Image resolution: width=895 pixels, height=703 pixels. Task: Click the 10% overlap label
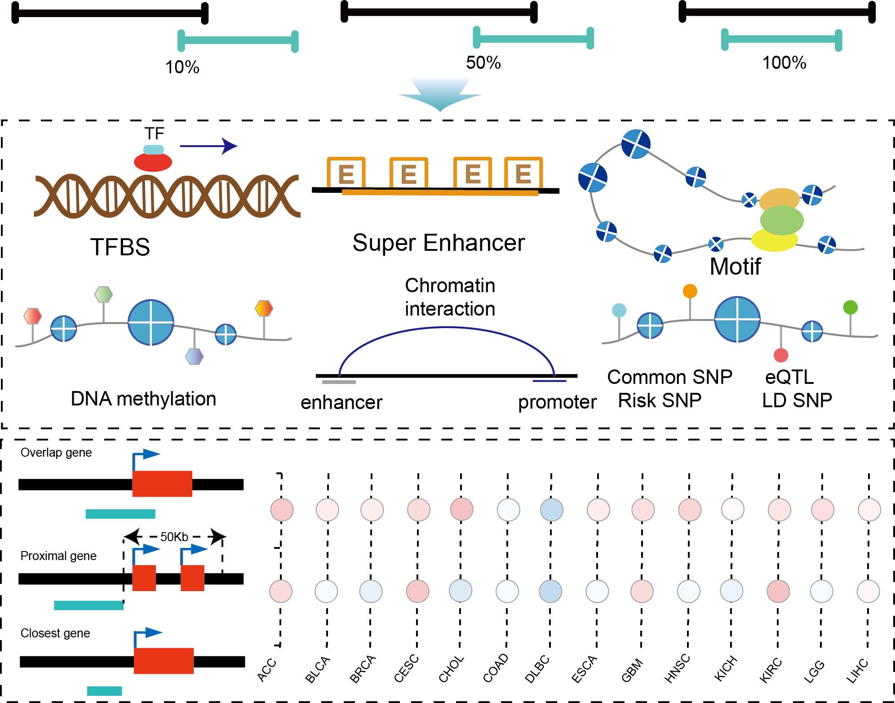click(182, 67)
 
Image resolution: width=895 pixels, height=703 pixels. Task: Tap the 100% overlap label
click(784, 63)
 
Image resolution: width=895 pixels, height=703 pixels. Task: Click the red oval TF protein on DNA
click(153, 162)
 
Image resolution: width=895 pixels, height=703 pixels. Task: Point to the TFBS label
click(120, 247)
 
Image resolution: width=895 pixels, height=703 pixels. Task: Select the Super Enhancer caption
click(439, 243)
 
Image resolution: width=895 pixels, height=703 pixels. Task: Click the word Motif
click(735, 267)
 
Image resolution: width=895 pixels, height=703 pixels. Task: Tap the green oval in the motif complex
click(782, 220)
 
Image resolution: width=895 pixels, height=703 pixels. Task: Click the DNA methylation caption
click(143, 399)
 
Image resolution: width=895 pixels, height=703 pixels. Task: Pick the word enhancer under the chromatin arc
click(341, 402)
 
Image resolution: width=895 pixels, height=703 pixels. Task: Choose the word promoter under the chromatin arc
click(557, 402)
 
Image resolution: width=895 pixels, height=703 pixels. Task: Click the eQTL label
click(789, 377)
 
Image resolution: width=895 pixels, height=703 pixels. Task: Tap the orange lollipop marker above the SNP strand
click(690, 291)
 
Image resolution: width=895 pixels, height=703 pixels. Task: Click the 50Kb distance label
click(174, 537)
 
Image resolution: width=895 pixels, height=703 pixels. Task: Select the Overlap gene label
click(56, 453)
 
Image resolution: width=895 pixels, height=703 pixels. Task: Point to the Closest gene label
click(55, 633)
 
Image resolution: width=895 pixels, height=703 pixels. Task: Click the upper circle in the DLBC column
click(551, 510)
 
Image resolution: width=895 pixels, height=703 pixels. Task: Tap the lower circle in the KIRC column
click(778, 591)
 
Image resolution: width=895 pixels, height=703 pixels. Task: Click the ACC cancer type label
click(267, 670)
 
